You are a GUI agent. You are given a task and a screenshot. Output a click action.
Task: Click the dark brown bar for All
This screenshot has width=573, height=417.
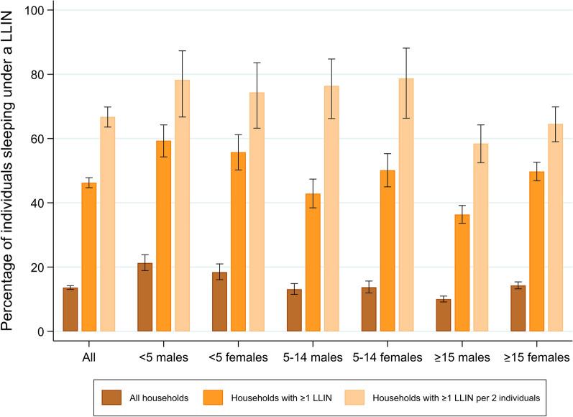(70, 310)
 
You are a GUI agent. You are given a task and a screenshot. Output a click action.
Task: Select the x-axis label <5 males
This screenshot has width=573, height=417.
(163, 355)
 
